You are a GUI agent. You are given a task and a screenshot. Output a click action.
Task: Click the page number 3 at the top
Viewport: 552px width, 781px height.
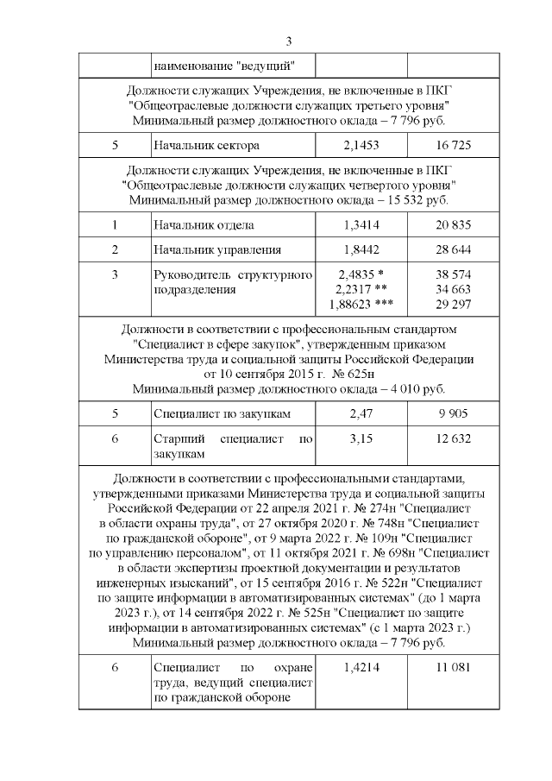[x=289, y=41]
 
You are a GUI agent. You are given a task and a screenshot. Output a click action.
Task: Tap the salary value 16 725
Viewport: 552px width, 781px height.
[x=454, y=145]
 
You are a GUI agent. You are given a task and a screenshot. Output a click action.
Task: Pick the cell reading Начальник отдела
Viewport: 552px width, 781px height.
[x=203, y=225]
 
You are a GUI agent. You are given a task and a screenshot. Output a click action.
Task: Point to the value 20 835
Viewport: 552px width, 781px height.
[x=454, y=225]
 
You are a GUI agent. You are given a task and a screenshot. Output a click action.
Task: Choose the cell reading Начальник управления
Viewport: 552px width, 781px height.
[x=216, y=250]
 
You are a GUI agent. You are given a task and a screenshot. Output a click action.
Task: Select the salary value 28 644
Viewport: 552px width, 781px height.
[x=454, y=250]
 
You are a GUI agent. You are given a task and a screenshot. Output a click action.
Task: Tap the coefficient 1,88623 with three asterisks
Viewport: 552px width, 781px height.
[x=360, y=305]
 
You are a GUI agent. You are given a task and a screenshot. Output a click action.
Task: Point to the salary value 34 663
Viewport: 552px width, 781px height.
[x=454, y=290]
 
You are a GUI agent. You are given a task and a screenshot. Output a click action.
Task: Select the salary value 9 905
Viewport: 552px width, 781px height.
[x=454, y=414]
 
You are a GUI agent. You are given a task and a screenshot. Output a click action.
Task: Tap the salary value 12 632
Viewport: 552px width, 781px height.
[x=454, y=439]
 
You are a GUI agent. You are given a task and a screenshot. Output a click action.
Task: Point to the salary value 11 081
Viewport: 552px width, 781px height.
[x=454, y=668]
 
